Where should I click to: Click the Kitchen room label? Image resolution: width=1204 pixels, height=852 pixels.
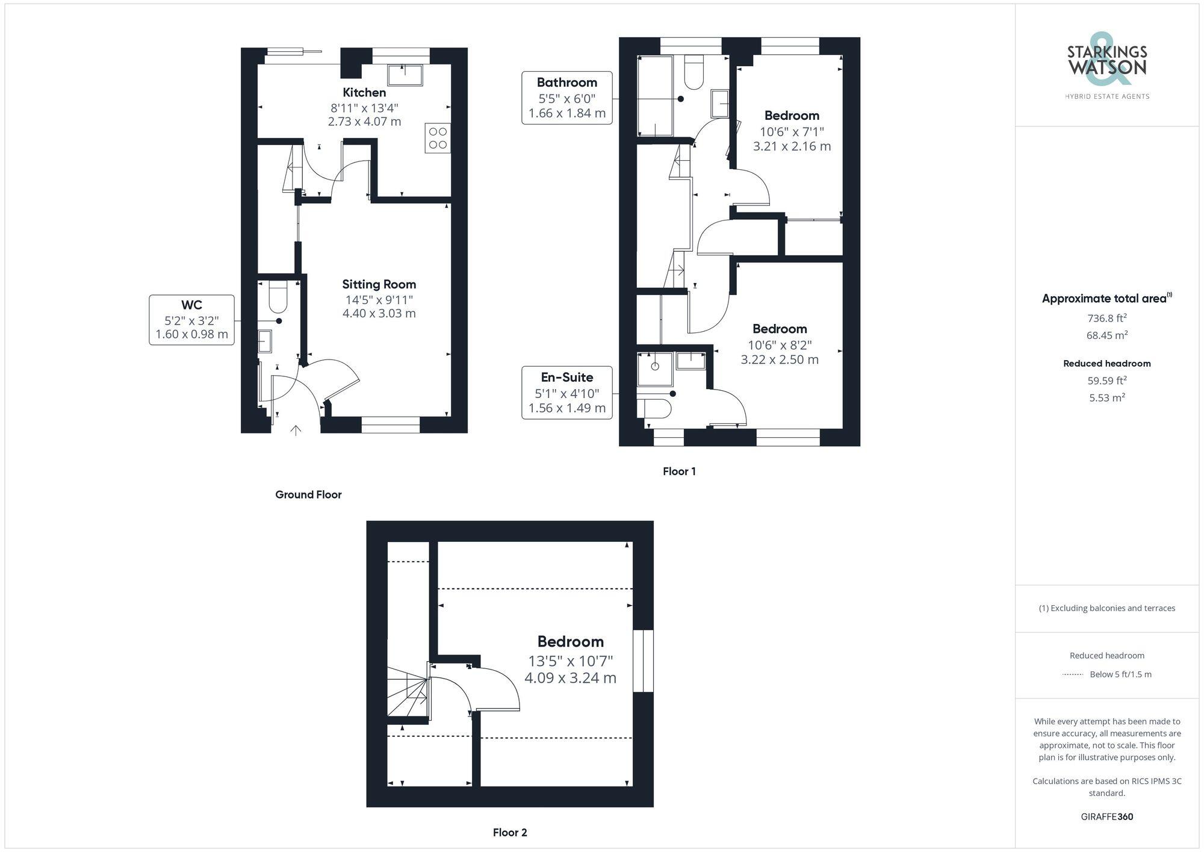point(364,92)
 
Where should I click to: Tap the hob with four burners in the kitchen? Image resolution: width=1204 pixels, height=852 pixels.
point(438,138)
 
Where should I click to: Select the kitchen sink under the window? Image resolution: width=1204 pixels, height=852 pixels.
point(405,75)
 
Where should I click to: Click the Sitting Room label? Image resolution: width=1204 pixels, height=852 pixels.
point(379,284)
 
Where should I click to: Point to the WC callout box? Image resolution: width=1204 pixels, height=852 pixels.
point(191,320)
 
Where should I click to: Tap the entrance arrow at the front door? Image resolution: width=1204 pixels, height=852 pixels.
point(296,431)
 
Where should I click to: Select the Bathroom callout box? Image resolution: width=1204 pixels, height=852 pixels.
point(567,98)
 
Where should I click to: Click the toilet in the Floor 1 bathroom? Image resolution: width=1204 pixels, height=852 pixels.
point(694,72)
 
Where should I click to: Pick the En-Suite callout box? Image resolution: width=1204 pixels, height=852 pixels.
point(567,393)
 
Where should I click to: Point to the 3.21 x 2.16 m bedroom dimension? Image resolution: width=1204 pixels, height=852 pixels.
point(792,146)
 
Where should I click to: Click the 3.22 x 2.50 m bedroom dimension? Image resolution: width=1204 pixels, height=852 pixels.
point(780,359)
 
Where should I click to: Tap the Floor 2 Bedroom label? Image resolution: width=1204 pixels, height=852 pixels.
point(570,641)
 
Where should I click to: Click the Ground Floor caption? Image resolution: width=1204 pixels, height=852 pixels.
point(308,494)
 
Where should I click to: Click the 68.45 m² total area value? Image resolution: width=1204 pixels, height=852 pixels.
point(1107,335)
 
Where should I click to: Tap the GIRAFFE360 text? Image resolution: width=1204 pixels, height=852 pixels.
point(1107,816)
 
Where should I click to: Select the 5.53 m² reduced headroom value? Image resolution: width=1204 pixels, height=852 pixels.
point(1107,397)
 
